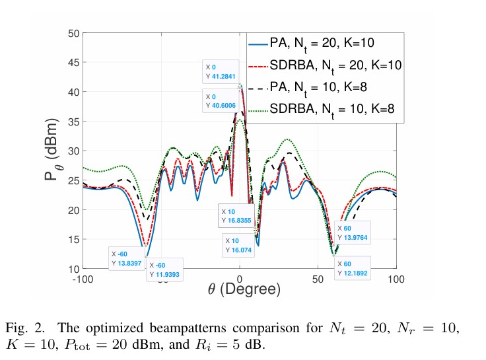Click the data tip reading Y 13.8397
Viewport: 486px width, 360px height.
(125, 258)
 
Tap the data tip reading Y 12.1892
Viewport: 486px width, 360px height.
(352, 268)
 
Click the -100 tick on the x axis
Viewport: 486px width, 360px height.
(82, 279)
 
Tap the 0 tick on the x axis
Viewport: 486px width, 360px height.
(240, 279)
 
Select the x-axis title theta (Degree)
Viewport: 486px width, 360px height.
(240, 290)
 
